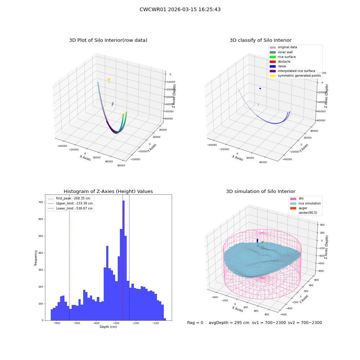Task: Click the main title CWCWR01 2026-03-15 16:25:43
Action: pyautogui.click(x=180, y=9)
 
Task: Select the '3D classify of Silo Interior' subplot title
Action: pyautogui.click(x=261, y=40)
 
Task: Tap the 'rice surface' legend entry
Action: pyautogui.click(x=283, y=57)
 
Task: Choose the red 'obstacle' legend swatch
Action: pyautogui.click(x=273, y=62)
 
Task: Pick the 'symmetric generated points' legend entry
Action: pyautogui.click(x=295, y=76)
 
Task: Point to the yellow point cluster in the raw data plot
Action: pyautogui.click(x=109, y=80)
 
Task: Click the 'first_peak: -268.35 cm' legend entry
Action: pyautogui.click(x=69, y=198)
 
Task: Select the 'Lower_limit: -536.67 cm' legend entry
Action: pyautogui.click(x=70, y=208)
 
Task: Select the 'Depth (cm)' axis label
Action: pyautogui.click(x=108, y=327)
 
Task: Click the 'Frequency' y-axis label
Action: pyautogui.click(x=36, y=258)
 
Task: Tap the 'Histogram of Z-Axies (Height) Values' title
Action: pyautogui.click(x=108, y=192)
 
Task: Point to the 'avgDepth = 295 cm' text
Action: pyautogui.click(x=229, y=323)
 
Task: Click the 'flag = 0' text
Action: pyautogui.click(x=195, y=323)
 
